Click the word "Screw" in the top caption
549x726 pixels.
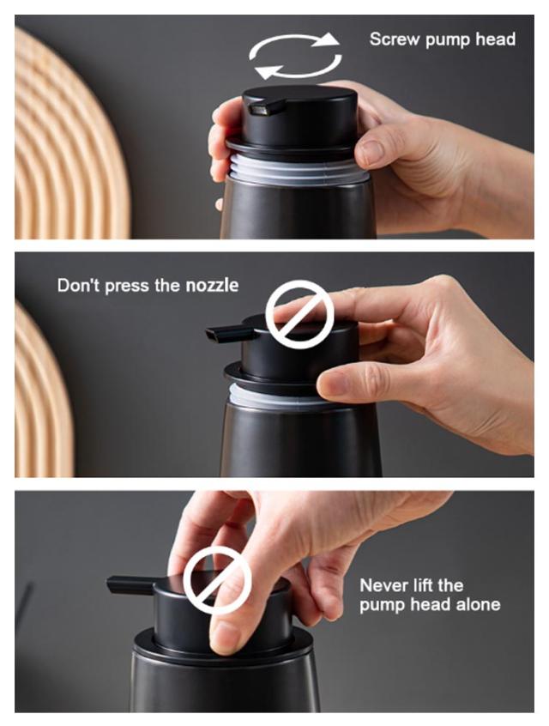tap(395, 39)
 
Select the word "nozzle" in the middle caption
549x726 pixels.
tap(212, 285)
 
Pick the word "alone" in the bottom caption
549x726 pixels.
tap(478, 604)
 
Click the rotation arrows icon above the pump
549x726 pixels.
tap(295, 56)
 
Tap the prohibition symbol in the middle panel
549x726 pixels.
tap(299, 314)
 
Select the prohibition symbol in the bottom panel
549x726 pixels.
tap(217, 580)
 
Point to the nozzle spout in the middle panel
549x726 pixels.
tap(229, 333)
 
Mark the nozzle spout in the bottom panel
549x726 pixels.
tap(130, 585)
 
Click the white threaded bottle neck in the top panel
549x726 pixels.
tap(296, 169)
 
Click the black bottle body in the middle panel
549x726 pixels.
tap(301, 440)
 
